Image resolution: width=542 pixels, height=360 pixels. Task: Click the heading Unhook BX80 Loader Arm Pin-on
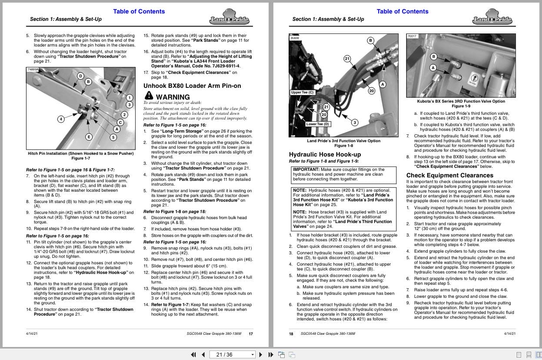click(192, 86)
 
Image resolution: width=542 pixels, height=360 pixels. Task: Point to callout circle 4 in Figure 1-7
click(61, 119)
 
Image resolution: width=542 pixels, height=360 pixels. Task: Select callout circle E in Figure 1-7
click(89, 137)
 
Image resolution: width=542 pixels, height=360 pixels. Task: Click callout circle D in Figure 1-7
click(80, 76)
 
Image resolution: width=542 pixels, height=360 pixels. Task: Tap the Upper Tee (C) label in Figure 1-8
click(303, 92)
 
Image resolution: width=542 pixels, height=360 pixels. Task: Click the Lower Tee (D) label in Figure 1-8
click(318, 124)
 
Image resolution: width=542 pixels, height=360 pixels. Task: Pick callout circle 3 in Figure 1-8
click(355, 123)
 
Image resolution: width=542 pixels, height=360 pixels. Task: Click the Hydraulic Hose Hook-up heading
click(325, 154)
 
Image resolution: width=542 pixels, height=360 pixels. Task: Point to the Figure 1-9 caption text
click(461, 106)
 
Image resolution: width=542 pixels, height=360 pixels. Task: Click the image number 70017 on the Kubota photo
click(412, 36)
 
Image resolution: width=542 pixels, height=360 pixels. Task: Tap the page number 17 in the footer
click(251, 334)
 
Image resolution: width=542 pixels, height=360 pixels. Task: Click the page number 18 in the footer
click(291, 334)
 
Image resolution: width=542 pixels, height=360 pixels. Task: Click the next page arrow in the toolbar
click(261, 354)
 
